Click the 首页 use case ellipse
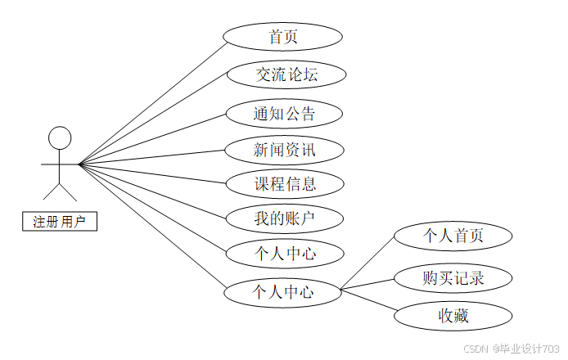(x=282, y=37)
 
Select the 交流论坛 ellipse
(x=286, y=74)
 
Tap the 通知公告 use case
(x=283, y=113)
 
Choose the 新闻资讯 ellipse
(x=283, y=149)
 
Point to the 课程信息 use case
(x=283, y=183)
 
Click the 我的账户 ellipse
(x=283, y=218)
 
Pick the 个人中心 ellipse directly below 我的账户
(x=283, y=254)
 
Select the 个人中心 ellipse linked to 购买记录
(x=282, y=290)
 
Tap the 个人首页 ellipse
(x=453, y=236)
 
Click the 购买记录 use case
(x=453, y=278)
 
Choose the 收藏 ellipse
(x=453, y=314)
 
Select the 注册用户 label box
(x=59, y=221)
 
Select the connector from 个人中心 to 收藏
(x=368, y=300)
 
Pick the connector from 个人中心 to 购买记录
(x=368, y=284)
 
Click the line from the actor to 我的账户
(x=151, y=191)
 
